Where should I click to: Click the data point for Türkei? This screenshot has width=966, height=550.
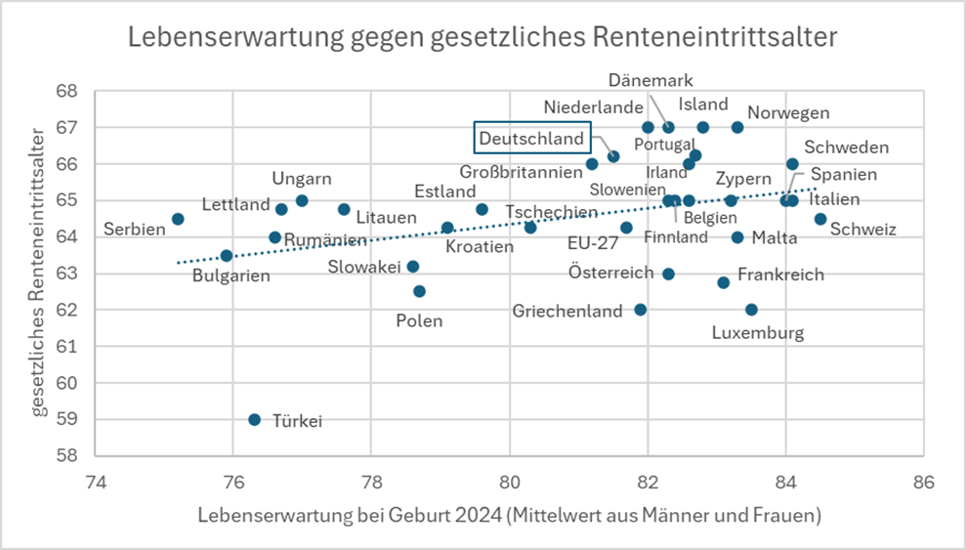click(x=254, y=419)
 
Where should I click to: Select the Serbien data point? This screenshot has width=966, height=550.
click(x=178, y=219)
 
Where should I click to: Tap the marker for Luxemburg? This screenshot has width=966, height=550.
click(x=752, y=309)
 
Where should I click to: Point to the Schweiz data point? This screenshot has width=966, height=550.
click(x=820, y=219)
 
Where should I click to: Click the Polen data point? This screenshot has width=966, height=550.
click(x=420, y=291)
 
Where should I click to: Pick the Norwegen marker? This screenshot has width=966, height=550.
click(x=737, y=128)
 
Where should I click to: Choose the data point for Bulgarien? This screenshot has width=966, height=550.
click(x=226, y=256)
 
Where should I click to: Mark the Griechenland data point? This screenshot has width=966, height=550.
click(x=641, y=309)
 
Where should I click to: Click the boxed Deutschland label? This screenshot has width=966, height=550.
click(x=532, y=138)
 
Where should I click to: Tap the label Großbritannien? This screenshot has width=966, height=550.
click(x=522, y=172)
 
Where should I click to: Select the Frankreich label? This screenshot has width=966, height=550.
click(x=780, y=275)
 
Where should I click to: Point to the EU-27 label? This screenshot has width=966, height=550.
click(x=593, y=242)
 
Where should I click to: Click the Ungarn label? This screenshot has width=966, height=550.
click(x=302, y=179)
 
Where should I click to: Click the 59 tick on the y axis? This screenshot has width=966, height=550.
click(x=66, y=419)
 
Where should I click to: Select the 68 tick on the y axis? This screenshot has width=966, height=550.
click(x=66, y=91)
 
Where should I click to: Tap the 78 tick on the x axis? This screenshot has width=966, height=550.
click(x=371, y=482)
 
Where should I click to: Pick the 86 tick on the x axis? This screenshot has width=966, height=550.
click(x=923, y=482)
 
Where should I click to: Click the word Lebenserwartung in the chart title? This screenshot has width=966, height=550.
click(x=236, y=37)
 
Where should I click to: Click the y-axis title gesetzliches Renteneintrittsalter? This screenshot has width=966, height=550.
click(x=38, y=273)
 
